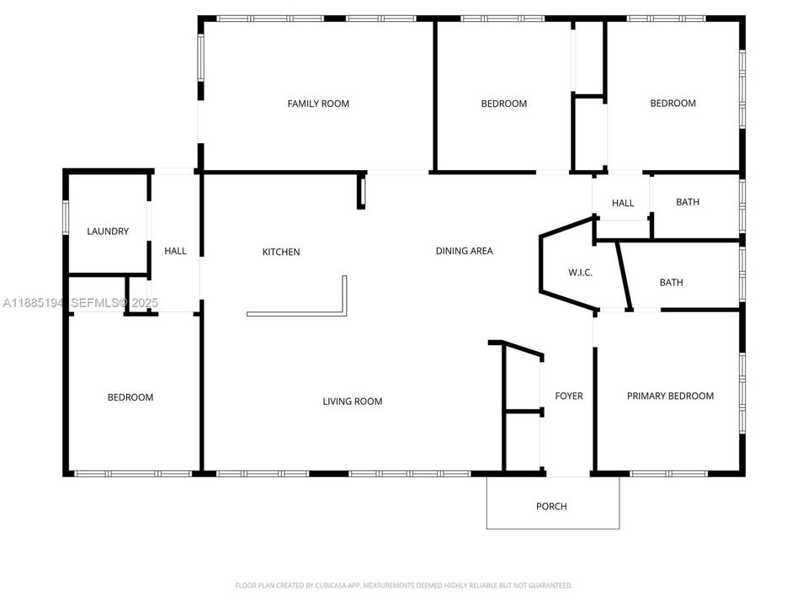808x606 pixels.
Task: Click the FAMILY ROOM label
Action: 318,104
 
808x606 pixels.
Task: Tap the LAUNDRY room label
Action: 108,231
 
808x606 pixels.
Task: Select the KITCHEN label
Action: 281,252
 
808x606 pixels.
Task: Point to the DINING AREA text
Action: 464,251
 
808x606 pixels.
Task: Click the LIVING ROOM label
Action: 353,401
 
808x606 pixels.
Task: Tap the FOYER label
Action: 569,396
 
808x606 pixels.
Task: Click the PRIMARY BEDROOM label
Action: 670,396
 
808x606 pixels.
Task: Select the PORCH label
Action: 551,506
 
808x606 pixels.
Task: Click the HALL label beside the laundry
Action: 175,251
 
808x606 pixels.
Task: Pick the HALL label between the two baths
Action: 623,203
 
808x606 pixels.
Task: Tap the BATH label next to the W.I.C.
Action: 671,282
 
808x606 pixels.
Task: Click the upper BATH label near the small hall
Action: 688,202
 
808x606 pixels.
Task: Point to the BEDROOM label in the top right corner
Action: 672,104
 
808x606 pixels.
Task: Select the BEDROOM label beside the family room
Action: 503,104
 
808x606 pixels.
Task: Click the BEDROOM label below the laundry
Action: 130,397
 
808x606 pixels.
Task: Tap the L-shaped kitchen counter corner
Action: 343,311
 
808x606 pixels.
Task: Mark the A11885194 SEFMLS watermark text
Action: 80,302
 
